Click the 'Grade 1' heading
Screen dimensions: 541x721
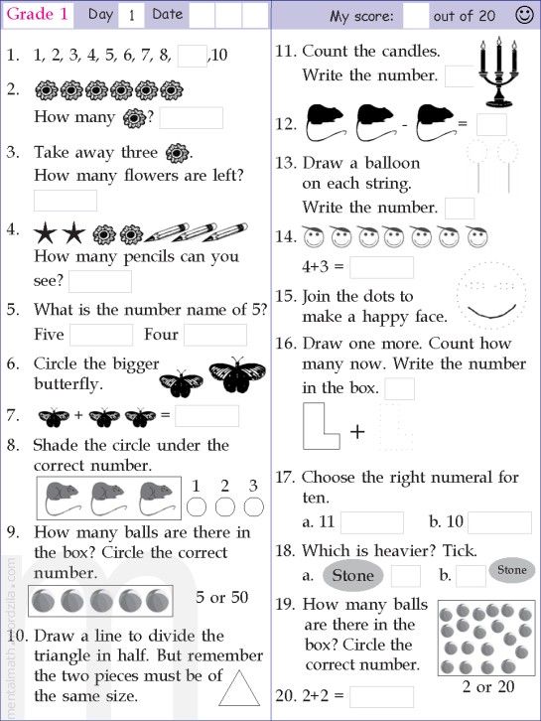point(38,14)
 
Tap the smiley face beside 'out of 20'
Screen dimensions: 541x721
point(524,15)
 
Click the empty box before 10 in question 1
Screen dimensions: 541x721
point(192,56)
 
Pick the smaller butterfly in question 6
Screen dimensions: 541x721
point(181,382)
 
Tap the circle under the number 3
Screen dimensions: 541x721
point(254,507)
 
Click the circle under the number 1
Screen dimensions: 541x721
point(197,507)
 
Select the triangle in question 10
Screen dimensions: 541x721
point(237,686)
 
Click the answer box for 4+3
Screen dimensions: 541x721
point(381,267)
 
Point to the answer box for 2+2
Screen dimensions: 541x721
point(381,696)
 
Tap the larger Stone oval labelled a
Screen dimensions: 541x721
point(352,576)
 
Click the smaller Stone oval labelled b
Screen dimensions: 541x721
point(511,570)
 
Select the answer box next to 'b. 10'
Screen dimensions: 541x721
point(499,522)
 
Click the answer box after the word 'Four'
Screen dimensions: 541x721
point(214,335)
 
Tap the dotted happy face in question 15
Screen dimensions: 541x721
point(487,296)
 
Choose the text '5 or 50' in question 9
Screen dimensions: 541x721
point(222,598)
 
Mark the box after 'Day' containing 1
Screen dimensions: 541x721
point(131,15)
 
